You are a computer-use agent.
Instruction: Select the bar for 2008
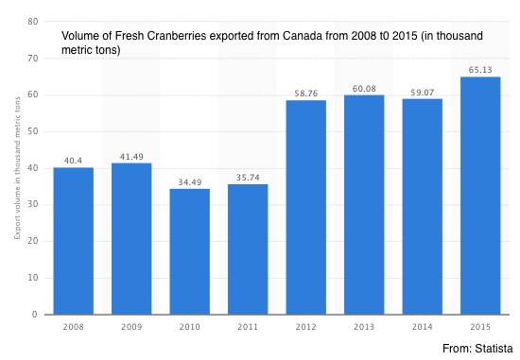click(74, 241)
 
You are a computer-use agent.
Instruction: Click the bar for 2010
click(190, 251)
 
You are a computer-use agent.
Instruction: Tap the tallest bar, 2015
click(480, 196)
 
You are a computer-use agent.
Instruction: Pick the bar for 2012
click(306, 207)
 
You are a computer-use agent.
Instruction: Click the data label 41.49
click(131, 157)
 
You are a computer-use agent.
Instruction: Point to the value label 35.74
click(248, 178)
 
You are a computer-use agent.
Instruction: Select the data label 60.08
click(364, 89)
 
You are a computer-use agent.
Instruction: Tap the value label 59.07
click(423, 93)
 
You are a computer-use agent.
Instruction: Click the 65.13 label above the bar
click(480, 70)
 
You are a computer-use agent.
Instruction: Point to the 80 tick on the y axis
click(33, 22)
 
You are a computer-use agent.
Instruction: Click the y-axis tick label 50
click(33, 131)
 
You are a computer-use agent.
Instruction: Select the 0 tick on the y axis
click(35, 315)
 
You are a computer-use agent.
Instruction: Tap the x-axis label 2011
click(248, 327)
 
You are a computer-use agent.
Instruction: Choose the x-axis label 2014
click(423, 327)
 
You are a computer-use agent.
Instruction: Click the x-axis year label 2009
click(131, 327)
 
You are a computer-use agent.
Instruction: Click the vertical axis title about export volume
click(17, 168)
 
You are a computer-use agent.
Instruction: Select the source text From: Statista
click(477, 349)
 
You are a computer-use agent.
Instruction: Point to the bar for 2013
click(364, 205)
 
